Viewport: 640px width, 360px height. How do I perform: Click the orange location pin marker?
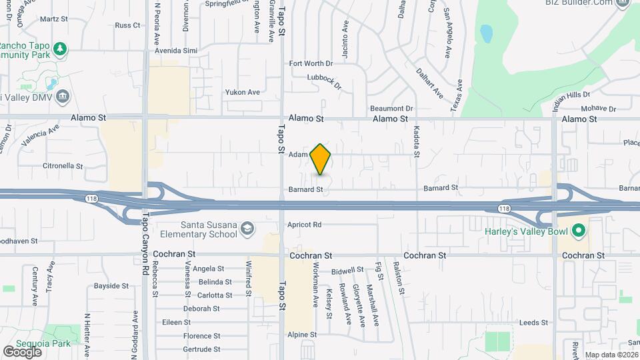pyautogui.click(x=321, y=159)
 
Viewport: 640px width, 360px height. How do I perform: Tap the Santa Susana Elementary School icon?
pyautogui.click(x=247, y=229)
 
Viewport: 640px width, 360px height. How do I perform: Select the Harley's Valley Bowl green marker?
pyautogui.click(x=579, y=231)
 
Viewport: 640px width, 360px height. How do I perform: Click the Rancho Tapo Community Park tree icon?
pyautogui.click(x=61, y=49)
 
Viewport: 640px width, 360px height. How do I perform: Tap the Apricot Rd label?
pyautogui.click(x=305, y=225)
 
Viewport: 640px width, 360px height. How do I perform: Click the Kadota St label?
pyautogui.click(x=417, y=141)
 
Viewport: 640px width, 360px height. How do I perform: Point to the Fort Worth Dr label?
pyautogui.click(x=310, y=63)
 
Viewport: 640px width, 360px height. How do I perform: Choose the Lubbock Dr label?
pyautogui.click(x=324, y=82)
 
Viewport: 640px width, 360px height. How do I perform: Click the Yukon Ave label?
pyautogui.click(x=242, y=92)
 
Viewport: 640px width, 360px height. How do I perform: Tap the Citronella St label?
pyautogui.click(x=63, y=165)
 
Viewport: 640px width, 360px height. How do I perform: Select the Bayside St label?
pyautogui.click(x=111, y=285)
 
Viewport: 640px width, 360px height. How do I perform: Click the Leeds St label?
pyautogui.click(x=533, y=323)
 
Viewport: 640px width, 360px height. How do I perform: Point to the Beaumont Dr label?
pyautogui.click(x=392, y=108)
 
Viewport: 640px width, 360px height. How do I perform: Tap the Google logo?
pyautogui.click(x=22, y=351)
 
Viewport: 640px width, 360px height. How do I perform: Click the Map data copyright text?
pyautogui.click(x=611, y=355)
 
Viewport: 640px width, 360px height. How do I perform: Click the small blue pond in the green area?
pyautogui.click(x=486, y=32)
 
